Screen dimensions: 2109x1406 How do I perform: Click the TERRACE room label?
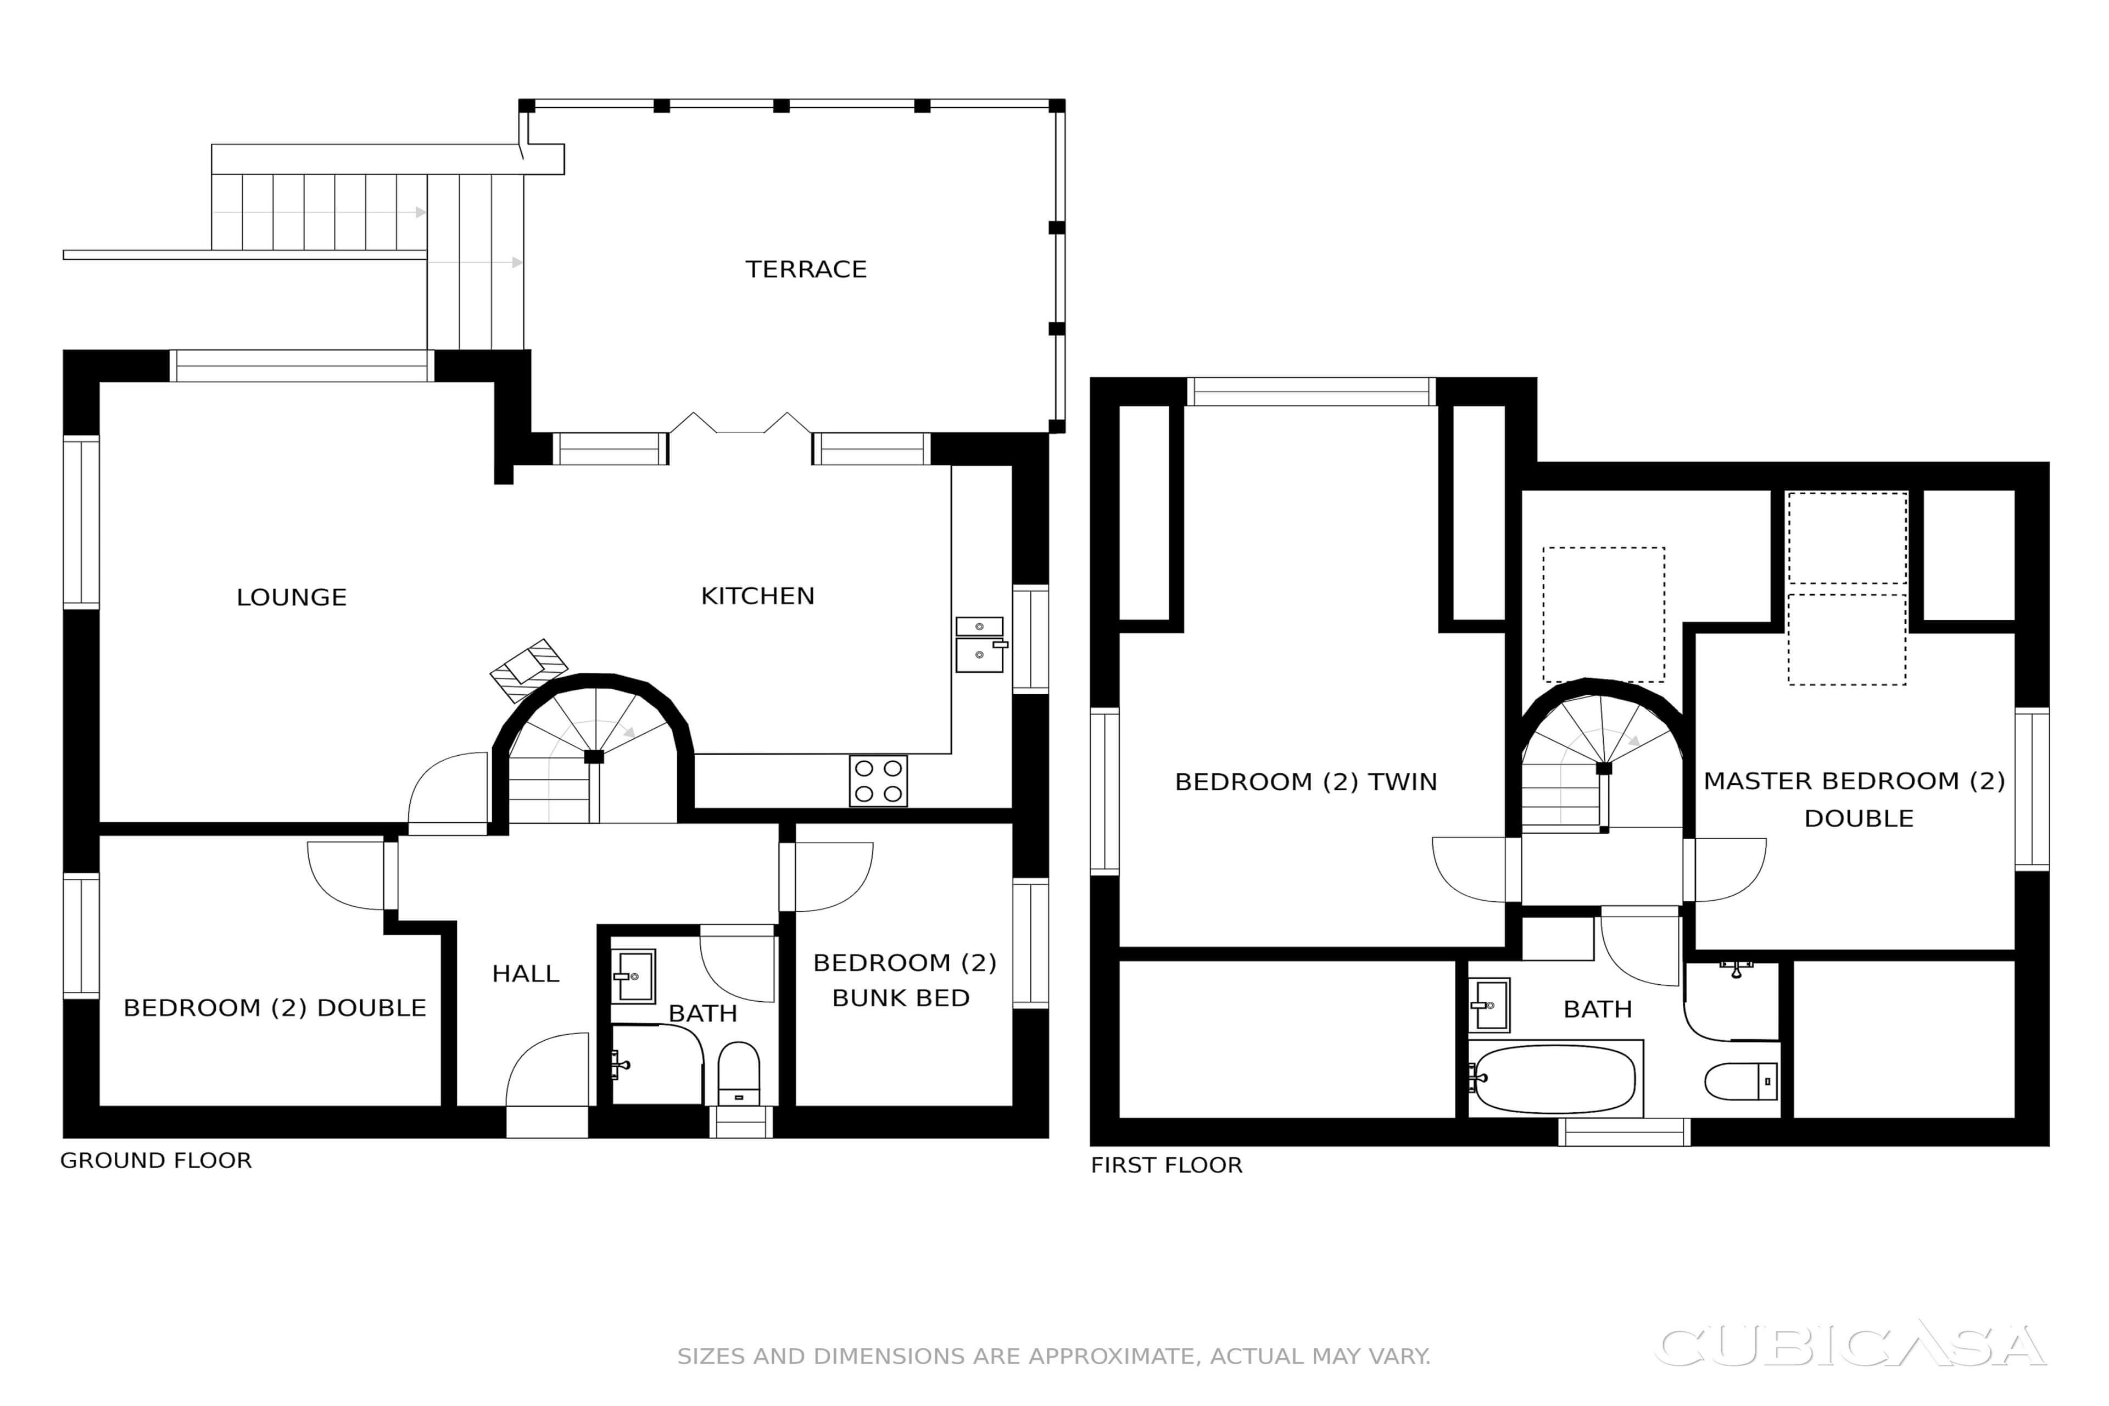click(x=806, y=269)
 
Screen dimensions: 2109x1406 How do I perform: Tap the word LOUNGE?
click(x=292, y=597)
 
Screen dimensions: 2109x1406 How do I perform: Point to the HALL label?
click(x=526, y=974)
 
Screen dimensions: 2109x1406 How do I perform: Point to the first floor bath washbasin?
click(x=1488, y=1005)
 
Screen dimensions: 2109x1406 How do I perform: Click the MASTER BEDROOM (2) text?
click(x=1854, y=781)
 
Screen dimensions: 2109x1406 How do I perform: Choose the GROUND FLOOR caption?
click(x=156, y=1160)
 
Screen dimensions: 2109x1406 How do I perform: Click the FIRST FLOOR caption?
click(x=1167, y=1165)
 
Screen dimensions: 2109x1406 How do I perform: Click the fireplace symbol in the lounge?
click(x=529, y=671)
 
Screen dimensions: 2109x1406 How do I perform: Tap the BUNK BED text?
click(x=901, y=998)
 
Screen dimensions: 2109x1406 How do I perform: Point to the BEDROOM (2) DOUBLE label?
click(x=275, y=1008)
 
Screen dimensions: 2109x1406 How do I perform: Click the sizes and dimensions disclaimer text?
click(x=1053, y=1356)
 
